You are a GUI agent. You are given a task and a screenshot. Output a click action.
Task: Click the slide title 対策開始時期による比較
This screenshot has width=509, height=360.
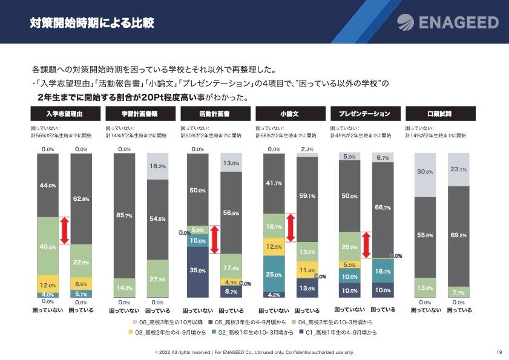click(92, 24)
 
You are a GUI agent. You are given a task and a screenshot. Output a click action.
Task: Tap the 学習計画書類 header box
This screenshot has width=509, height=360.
click(139, 114)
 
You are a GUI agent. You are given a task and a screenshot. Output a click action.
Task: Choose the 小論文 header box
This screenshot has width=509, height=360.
click(289, 114)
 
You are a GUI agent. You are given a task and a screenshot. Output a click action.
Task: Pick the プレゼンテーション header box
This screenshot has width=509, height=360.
click(364, 114)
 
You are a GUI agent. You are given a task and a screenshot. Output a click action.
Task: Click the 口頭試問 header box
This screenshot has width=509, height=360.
click(439, 114)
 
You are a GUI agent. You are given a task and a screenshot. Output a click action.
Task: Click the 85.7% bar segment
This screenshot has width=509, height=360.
click(124, 215)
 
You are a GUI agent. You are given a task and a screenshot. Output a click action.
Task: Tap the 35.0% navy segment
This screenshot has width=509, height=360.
click(197, 270)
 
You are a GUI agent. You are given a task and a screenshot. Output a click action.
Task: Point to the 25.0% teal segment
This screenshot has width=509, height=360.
click(274, 274)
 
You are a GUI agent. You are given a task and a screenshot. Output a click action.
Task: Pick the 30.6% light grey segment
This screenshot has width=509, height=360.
click(424, 172)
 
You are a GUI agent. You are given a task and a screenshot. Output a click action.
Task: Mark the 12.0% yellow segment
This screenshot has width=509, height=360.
click(48, 284)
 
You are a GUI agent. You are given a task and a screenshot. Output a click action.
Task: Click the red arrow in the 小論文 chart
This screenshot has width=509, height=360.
click(291, 228)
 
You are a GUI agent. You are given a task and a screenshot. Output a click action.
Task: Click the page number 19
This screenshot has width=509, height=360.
click(499, 352)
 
